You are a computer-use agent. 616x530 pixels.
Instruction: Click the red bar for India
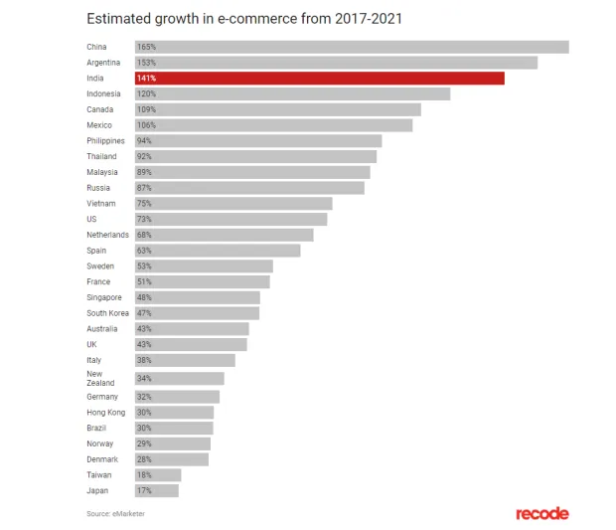point(319,78)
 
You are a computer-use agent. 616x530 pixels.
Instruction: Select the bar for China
point(352,47)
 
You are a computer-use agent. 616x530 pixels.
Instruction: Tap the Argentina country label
point(103,63)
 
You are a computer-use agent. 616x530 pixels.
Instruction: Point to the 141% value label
point(146,78)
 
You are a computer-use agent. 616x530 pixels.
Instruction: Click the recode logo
point(541,513)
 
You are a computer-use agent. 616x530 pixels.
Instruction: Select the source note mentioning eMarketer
point(122,513)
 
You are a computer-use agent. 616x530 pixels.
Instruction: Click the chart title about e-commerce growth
point(245,18)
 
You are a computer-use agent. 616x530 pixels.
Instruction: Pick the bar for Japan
point(157,490)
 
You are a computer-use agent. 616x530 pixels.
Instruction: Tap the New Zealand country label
point(99,378)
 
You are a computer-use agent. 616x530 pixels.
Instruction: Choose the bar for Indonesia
point(292,93)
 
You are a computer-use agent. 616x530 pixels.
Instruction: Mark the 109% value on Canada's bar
point(146,109)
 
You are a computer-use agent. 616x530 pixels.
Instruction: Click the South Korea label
point(107,313)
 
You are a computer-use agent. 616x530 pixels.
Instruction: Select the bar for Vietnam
point(233,203)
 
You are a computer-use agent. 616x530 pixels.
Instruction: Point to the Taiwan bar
point(158,475)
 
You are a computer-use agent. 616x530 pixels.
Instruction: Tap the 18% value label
point(145,475)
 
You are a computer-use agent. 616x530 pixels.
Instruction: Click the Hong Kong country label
point(105,412)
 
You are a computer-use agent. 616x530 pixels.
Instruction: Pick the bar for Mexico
point(273,125)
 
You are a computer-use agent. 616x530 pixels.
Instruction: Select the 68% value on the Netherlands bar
point(145,235)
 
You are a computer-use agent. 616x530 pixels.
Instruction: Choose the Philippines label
point(105,141)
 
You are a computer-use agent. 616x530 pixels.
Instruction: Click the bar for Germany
point(177,396)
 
